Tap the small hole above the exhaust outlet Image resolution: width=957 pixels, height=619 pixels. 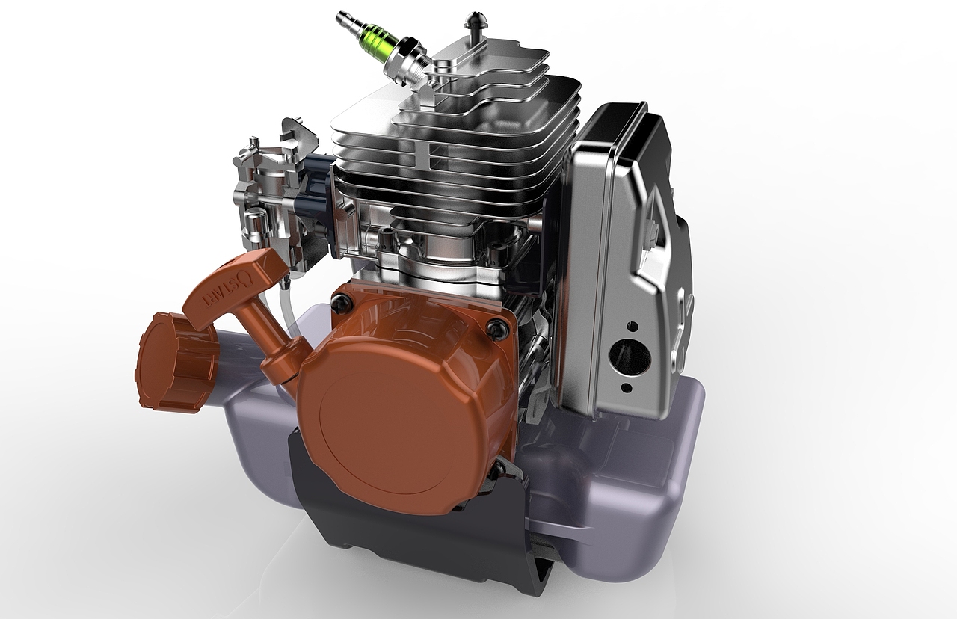[632, 327]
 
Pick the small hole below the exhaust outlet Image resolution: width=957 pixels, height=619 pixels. [627, 388]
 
